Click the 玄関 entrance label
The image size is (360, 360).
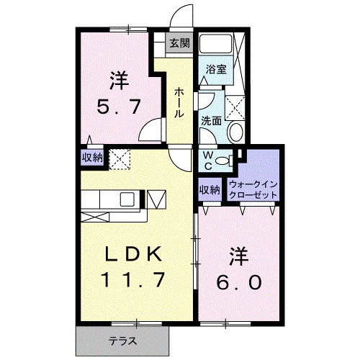pyautogui.click(x=179, y=42)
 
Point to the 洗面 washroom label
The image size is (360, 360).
pyautogui.click(x=210, y=121)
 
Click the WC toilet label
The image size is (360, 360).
pyautogui.click(x=207, y=160)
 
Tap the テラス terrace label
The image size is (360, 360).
pyautogui.click(x=122, y=340)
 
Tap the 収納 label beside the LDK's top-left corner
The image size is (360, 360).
pyautogui.click(x=91, y=157)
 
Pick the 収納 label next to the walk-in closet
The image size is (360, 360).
pyautogui.click(x=210, y=190)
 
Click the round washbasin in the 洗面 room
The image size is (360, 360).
pyautogui.click(x=235, y=132)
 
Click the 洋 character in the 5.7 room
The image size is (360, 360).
pyautogui.click(x=119, y=78)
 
